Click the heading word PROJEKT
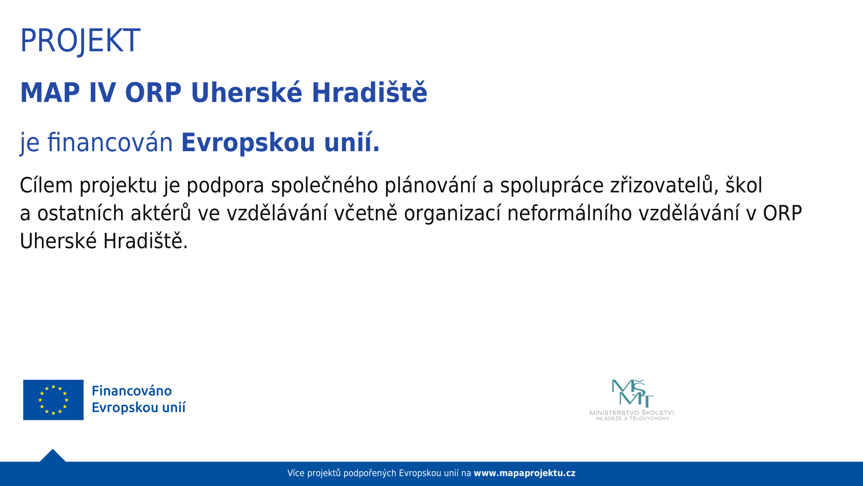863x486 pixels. point(80,41)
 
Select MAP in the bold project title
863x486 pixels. point(50,93)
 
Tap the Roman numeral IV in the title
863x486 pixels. point(102,93)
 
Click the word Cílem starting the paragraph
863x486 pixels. point(46,185)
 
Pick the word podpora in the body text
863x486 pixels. point(225,185)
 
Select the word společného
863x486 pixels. point(325,185)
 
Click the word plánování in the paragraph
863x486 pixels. point(431,185)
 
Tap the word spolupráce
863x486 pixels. point(552,185)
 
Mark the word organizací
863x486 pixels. point(452,213)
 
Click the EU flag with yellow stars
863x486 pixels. point(53,400)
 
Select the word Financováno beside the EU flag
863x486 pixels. point(132,391)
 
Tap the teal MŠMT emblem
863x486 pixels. point(633,393)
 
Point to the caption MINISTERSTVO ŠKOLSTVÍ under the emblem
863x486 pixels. point(633,413)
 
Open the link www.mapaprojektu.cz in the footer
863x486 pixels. point(525,473)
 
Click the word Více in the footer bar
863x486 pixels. point(296,473)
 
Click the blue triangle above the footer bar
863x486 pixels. point(53,456)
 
